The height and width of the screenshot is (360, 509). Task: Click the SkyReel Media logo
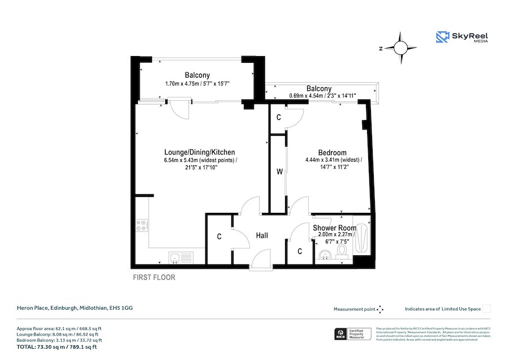tap(461, 38)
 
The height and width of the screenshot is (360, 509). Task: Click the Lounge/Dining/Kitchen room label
tap(199, 152)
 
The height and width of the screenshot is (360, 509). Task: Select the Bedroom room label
tap(332, 153)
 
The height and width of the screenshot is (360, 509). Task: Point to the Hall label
tap(261, 235)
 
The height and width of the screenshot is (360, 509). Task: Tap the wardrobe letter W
tap(279, 172)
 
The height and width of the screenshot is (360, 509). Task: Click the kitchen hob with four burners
tap(141, 225)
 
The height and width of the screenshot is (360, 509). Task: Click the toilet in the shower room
tap(342, 251)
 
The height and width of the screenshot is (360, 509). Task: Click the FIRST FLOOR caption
tap(154, 277)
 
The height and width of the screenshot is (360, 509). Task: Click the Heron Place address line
tap(74, 308)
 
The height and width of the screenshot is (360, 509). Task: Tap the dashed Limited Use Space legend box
tap(486, 309)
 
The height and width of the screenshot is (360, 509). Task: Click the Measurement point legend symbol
tap(380, 309)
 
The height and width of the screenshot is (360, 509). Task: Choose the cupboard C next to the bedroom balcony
tap(278, 117)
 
